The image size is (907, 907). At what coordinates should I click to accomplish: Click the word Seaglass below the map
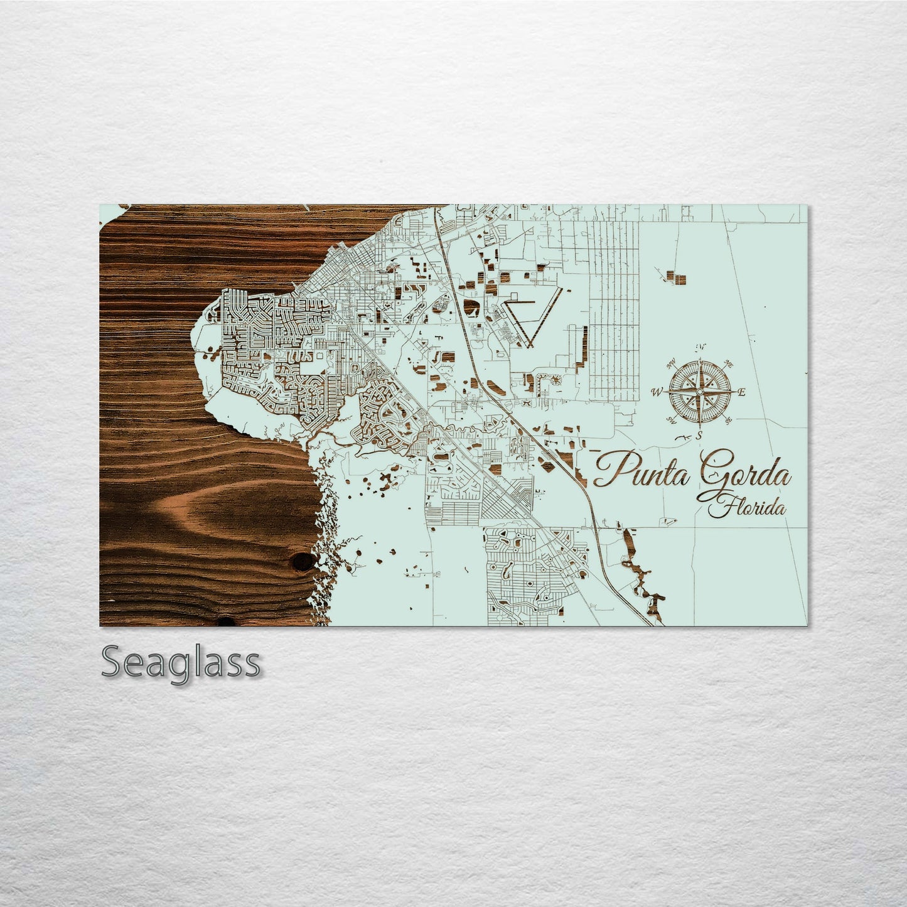180,663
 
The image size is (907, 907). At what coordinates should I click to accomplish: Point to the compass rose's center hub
699,392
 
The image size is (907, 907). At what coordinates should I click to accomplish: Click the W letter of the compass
657,393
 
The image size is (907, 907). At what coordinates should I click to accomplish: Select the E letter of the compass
741,393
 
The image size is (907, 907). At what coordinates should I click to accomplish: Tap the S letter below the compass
699,435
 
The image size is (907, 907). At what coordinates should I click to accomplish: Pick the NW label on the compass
671,363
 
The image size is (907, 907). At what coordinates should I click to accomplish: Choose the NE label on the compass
729,363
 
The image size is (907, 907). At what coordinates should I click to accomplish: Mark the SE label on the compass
729,421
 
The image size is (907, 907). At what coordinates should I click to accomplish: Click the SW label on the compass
671,421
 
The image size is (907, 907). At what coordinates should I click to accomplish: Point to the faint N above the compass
700,348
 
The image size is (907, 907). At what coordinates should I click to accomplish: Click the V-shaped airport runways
530,317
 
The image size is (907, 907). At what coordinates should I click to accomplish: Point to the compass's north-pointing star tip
699,363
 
